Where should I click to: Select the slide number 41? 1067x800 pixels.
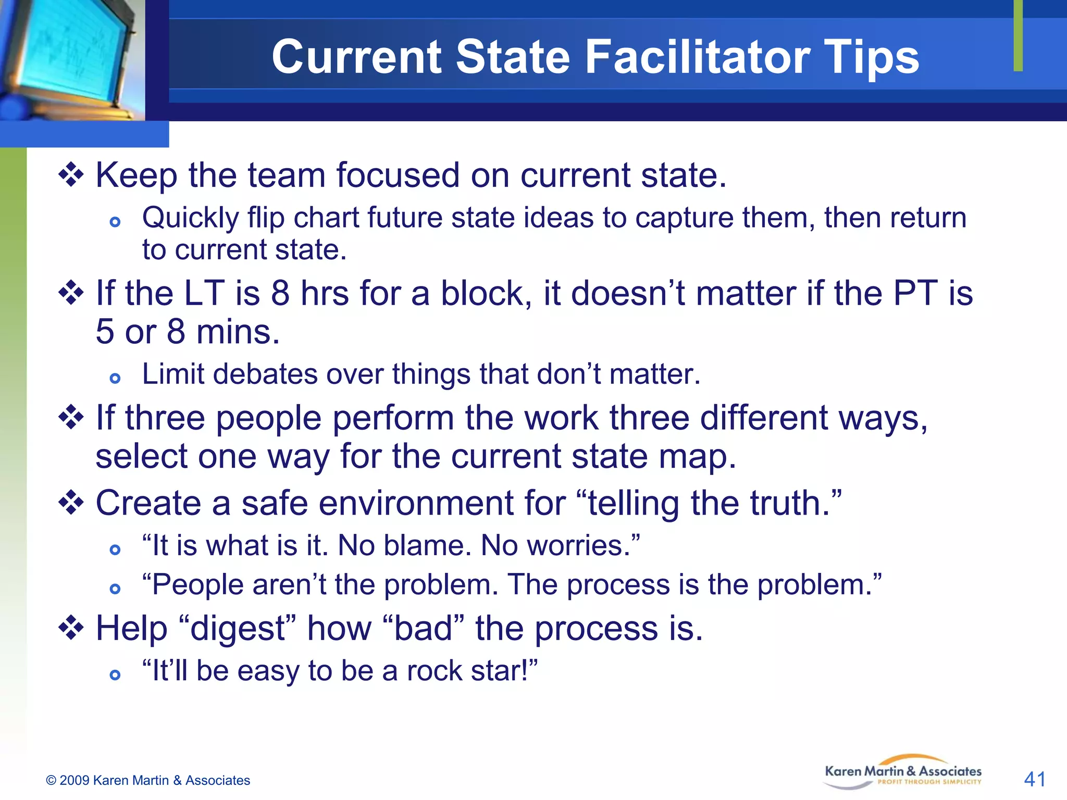(1034, 779)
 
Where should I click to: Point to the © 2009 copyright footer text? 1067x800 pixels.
(148, 780)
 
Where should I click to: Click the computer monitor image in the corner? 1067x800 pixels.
(70, 57)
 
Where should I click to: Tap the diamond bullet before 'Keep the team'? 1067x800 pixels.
(71, 175)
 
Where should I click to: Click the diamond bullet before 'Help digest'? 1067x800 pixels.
(71, 628)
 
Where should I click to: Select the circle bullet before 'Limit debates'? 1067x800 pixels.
(115, 378)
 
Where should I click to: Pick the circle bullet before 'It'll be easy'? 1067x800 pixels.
(115, 675)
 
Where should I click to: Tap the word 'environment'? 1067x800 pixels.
(416, 503)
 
